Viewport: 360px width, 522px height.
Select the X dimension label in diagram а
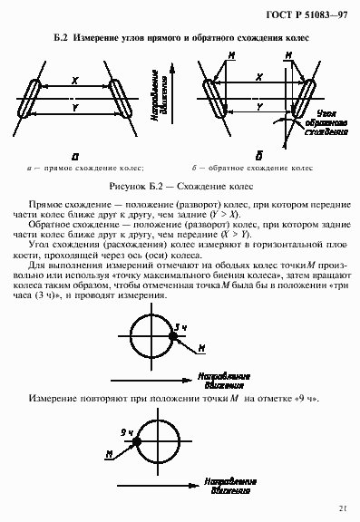[x=75, y=80]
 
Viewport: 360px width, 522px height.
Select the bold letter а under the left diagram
[x=75, y=153]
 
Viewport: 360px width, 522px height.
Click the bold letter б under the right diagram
[x=260, y=152]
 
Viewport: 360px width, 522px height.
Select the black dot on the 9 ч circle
[x=135, y=439]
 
